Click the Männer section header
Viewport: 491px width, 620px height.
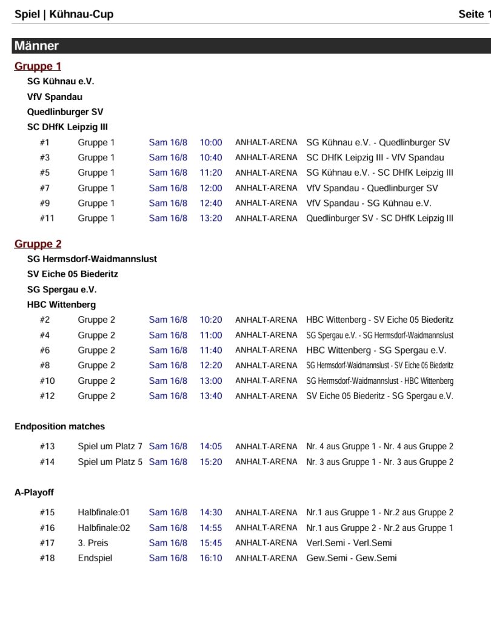click(37, 46)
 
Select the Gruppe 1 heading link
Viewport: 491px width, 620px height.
click(38, 67)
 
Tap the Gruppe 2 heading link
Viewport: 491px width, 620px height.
click(38, 244)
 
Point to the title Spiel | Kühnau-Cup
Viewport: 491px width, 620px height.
click(64, 15)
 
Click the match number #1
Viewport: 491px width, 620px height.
click(44, 143)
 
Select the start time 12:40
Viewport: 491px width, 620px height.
click(211, 203)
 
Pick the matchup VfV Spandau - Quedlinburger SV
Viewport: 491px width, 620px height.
click(372, 188)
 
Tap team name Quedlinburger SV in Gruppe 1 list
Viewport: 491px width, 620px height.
click(65, 112)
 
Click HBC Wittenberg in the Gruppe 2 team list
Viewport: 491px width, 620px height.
click(61, 305)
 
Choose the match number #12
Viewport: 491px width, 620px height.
click(47, 396)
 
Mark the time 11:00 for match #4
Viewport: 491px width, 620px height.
click(211, 335)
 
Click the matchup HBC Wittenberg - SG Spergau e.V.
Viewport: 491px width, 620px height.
click(376, 351)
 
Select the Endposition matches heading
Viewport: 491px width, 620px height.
click(59, 427)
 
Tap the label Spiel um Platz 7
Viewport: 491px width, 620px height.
click(110, 447)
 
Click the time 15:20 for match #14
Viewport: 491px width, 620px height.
click(211, 462)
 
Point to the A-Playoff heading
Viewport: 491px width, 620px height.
click(34, 493)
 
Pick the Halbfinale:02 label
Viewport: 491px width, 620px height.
click(104, 528)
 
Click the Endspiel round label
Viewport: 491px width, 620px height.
click(95, 558)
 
